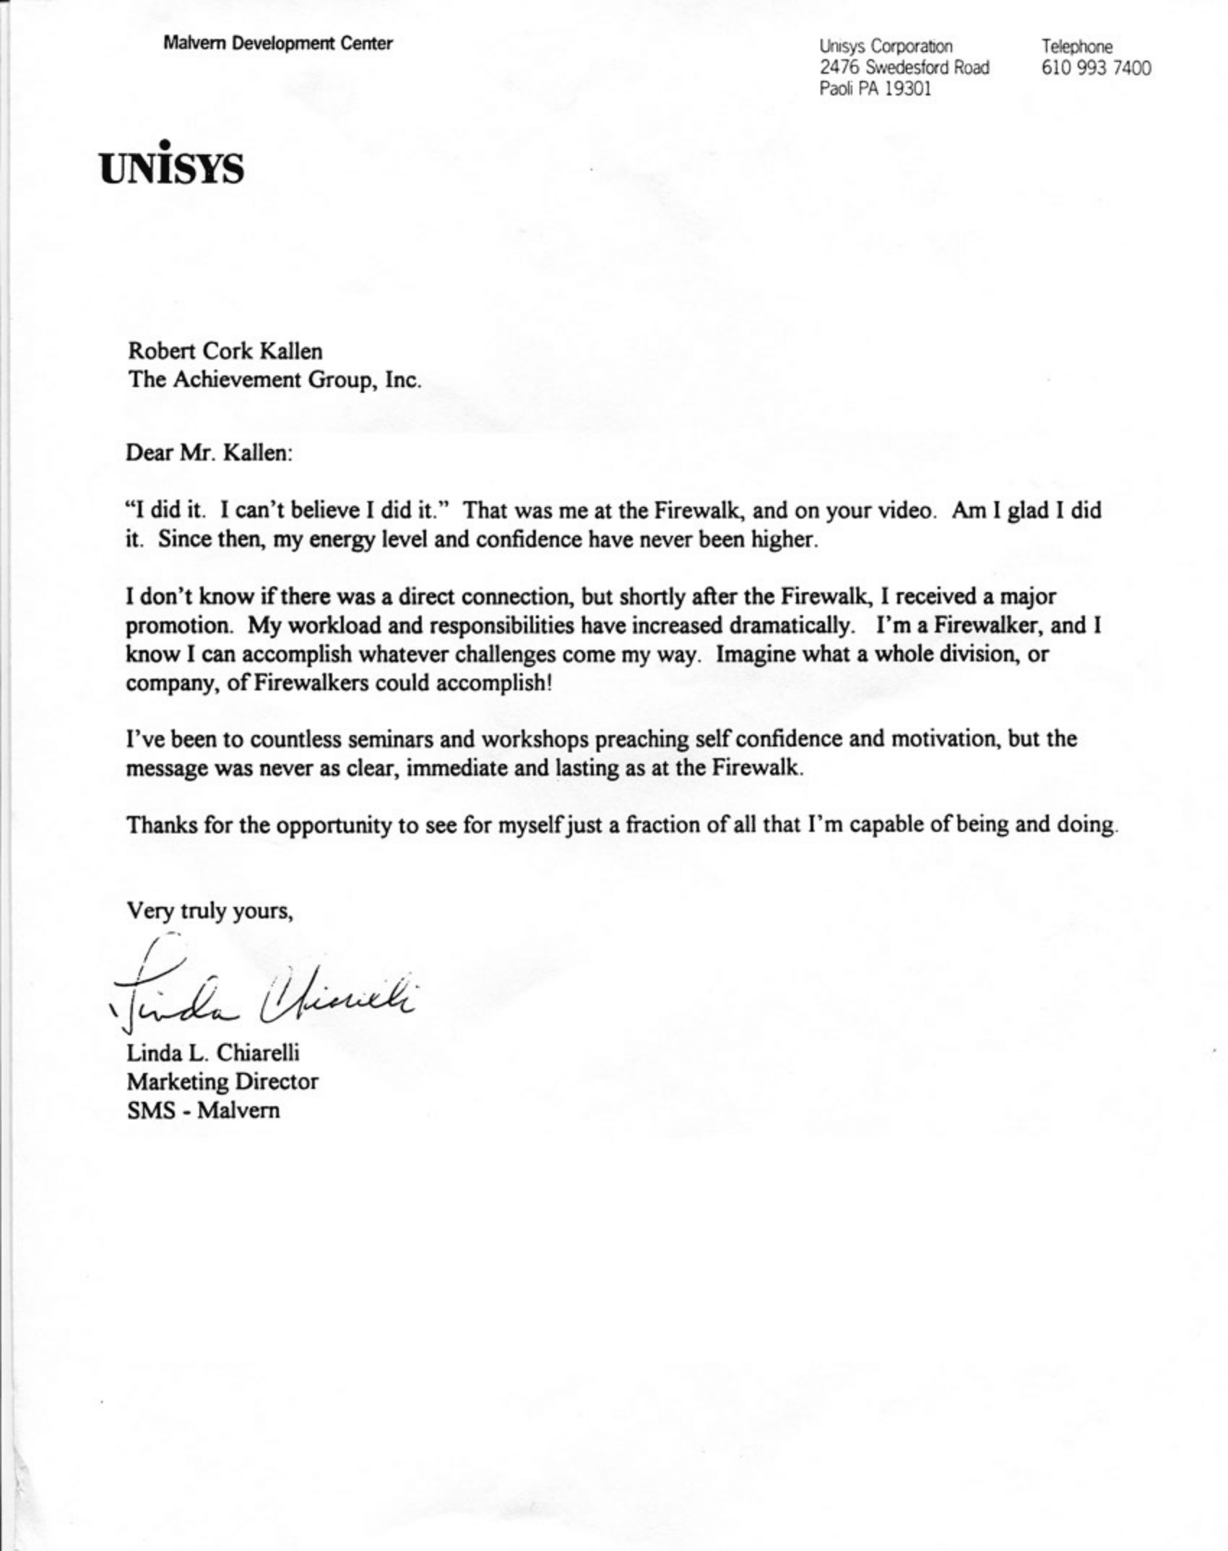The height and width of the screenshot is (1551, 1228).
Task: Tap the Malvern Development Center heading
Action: pyautogui.click(x=278, y=43)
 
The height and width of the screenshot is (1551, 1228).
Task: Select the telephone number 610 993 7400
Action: pyautogui.click(x=1096, y=68)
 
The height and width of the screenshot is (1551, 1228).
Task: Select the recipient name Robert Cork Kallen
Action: pyautogui.click(x=225, y=352)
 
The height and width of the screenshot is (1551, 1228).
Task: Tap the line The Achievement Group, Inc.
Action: pyautogui.click(x=274, y=380)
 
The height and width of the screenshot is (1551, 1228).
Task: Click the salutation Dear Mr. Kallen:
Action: pyautogui.click(x=209, y=453)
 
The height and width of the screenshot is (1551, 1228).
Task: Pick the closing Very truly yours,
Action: pyautogui.click(x=210, y=911)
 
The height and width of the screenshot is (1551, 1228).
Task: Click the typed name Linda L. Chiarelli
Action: pyautogui.click(x=213, y=1053)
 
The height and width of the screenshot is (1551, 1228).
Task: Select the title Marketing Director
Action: pyautogui.click(x=222, y=1082)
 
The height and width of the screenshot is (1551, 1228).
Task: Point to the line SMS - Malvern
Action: pyautogui.click(x=203, y=1110)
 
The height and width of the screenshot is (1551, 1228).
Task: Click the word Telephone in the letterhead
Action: pyautogui.click(x=1076, y=46)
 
